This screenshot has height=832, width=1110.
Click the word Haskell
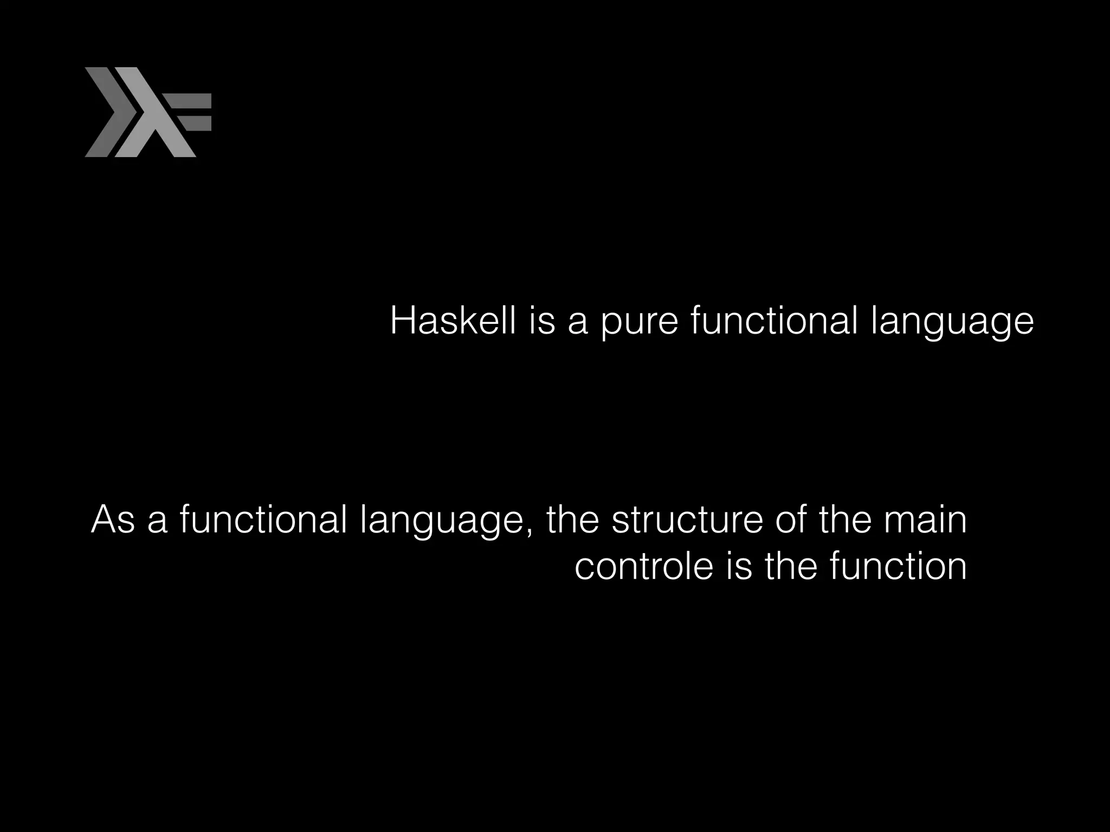[453, 321]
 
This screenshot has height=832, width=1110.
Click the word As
[113, 519]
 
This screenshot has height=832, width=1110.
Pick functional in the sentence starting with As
[263, 519]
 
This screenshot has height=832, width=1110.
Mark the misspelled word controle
[643, 567]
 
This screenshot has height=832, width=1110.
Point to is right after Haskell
[543, 321]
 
